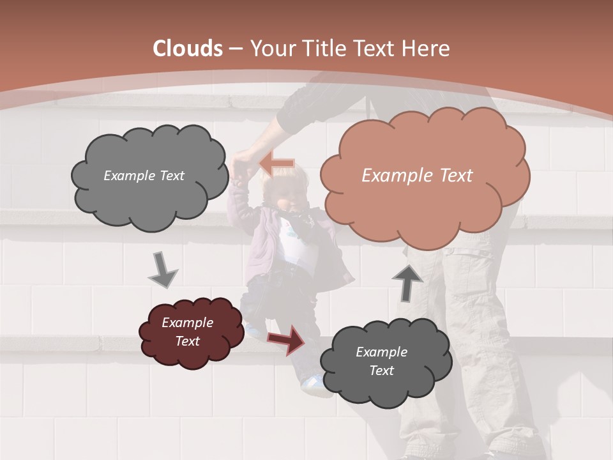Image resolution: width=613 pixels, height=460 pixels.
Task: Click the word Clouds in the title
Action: coord(188,49)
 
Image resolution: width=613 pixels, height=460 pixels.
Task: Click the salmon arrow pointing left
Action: coord(276,164)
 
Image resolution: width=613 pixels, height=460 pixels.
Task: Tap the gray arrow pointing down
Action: coord(162,270)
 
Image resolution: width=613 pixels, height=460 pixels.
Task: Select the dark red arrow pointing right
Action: coord(286,339)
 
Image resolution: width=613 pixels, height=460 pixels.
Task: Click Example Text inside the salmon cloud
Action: coord(417,176)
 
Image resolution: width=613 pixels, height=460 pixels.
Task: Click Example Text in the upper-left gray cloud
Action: coord(144,176)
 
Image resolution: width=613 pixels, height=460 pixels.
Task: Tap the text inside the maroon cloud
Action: coord(188,332)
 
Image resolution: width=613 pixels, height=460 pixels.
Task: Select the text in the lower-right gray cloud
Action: coord(382,361)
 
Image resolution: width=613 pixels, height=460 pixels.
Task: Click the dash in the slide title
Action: coord(236,49)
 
